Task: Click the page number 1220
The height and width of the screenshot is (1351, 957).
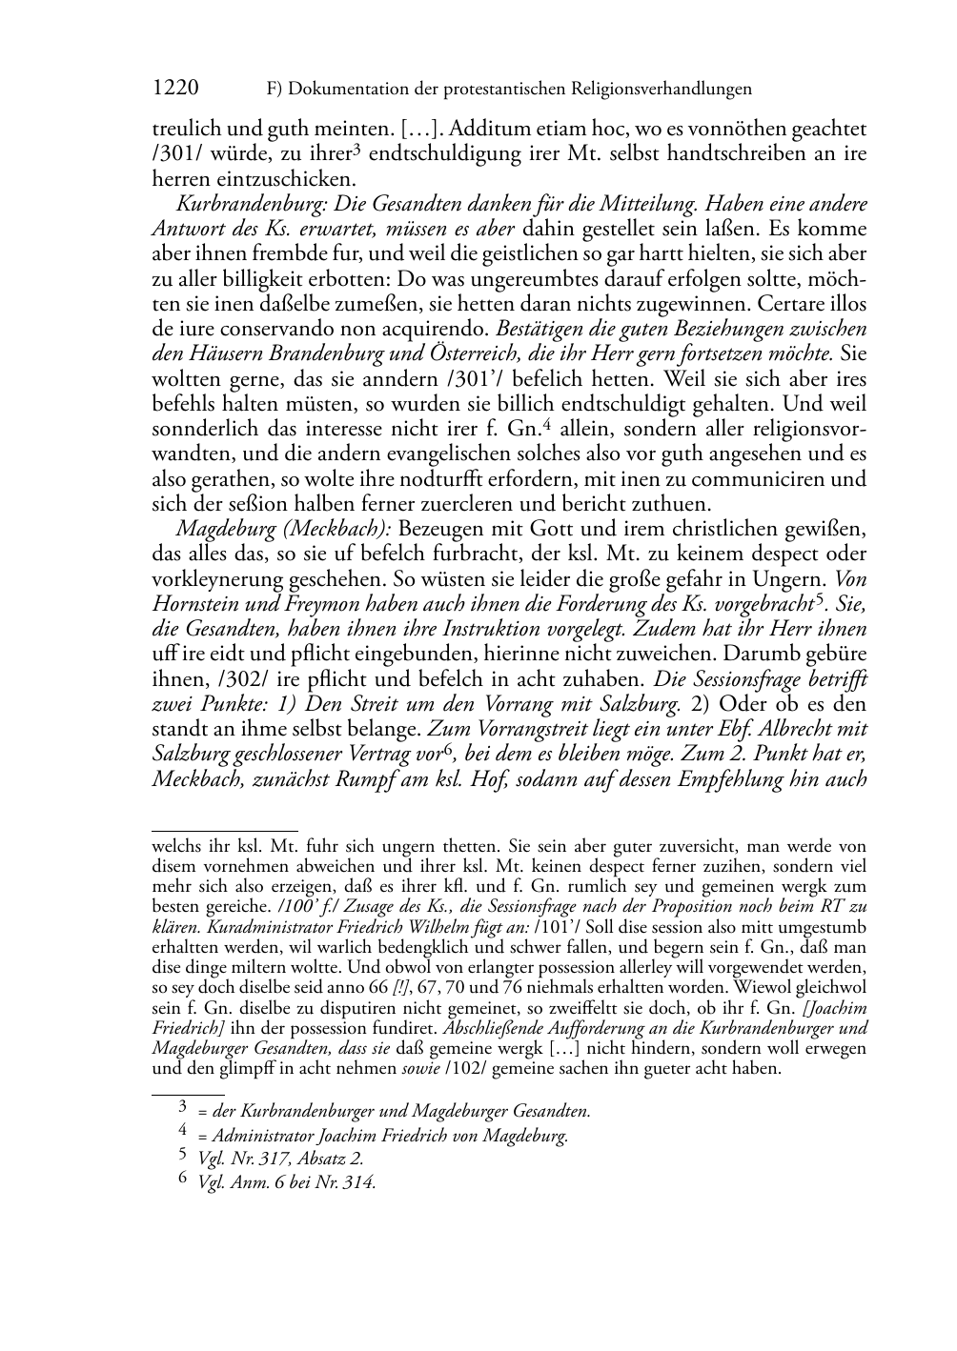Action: click(175, 89)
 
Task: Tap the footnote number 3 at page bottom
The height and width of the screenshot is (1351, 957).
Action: click(183, 1108)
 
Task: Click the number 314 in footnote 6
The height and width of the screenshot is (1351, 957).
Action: click(360, 1183)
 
